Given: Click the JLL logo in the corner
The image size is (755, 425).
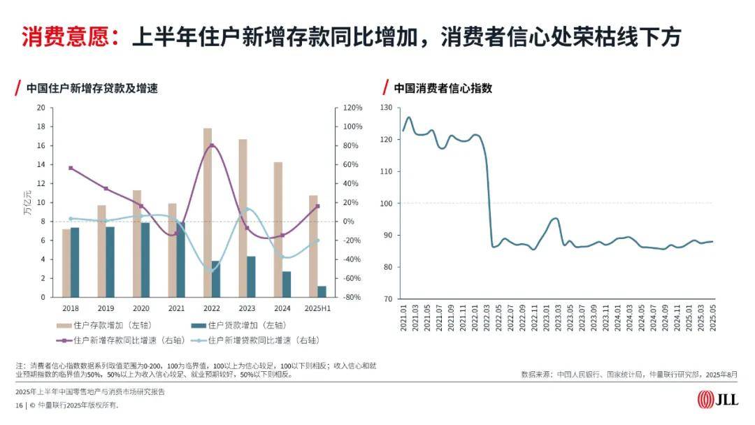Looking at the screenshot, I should click(x=717, y=400).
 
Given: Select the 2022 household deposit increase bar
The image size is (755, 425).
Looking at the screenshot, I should click(x=208, y=212).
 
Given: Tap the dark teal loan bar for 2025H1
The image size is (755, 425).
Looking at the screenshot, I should click(x=322, y=291).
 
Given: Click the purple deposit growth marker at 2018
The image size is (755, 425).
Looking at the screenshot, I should click(x=71, y=168).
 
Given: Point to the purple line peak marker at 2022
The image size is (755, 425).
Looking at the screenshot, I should click(x=212, y=145).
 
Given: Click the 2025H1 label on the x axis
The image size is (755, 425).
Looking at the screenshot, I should click(x=317, y=308).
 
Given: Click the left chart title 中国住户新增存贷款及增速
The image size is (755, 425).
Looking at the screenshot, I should click(x=92, y=89).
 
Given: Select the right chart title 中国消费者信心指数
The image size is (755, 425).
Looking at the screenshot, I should click(x=443, y=89).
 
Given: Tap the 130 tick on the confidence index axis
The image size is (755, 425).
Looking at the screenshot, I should click(x=387, y=108).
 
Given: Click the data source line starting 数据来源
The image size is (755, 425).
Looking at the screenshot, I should click(x=629, y=375).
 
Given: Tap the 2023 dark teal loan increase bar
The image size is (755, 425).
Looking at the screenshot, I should click(x=251, y=277).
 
